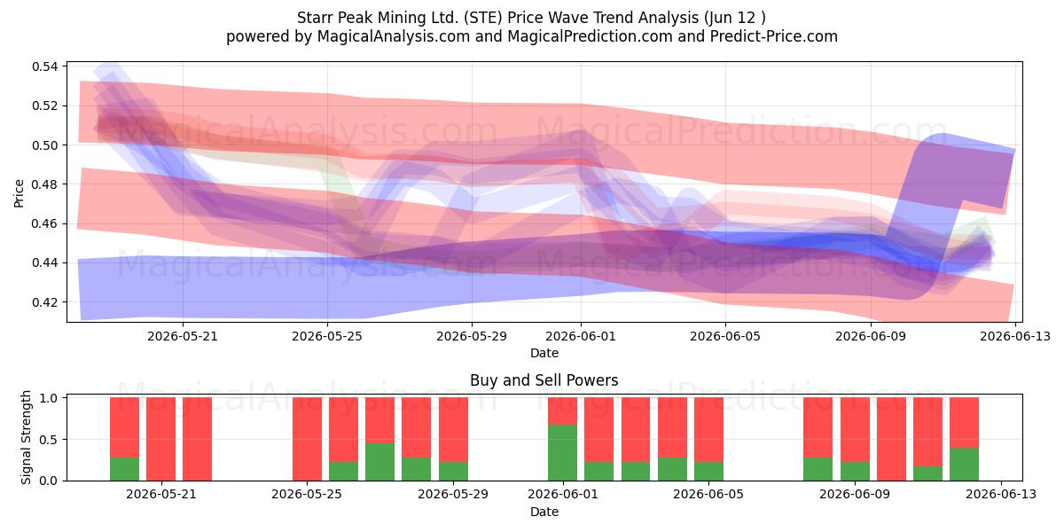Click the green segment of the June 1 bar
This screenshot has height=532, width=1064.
click(562, 453)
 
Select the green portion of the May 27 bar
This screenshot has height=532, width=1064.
click(380, 462)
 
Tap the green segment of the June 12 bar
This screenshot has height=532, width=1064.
click(965, 464)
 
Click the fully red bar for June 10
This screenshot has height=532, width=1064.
click(892, 439)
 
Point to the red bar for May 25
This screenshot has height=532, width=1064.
click(307, 439)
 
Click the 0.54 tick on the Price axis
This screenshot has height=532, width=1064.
click(45, 66)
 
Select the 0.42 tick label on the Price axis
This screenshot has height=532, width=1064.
click(45, 302)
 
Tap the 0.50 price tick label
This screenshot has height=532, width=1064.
click(45, 145)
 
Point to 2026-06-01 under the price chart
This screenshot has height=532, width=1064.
click(581, 336)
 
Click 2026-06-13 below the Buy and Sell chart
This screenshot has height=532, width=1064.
click(1001, 494)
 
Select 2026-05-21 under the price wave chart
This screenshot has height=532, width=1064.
click(183, 336)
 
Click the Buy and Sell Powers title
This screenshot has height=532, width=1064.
click(544, 380)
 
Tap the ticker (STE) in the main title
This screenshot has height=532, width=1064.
click(483, 18)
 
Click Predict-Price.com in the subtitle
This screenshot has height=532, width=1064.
click(774, 36)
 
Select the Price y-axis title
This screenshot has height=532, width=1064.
click(19, 193)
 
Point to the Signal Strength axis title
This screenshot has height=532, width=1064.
click(26, 437)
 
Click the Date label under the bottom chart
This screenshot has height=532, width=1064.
click(544, 512)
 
